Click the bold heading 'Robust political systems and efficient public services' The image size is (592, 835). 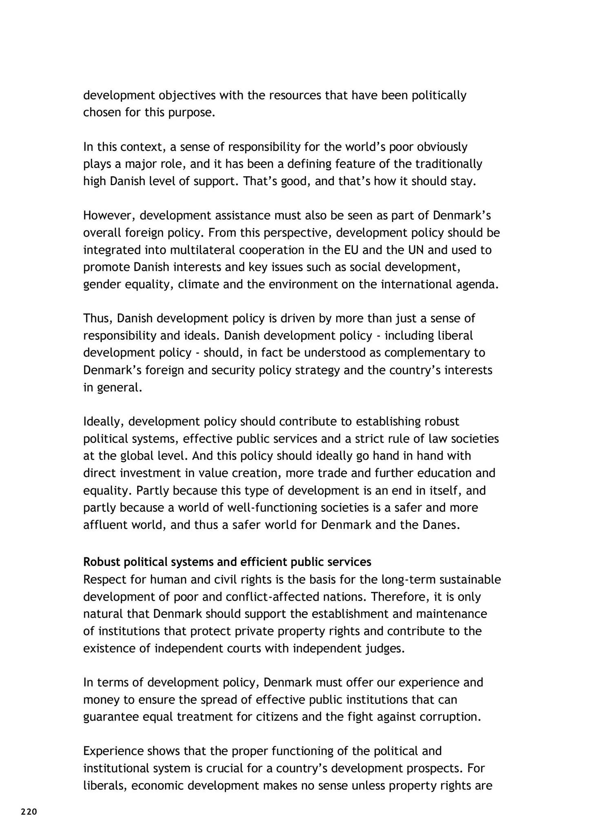227,562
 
